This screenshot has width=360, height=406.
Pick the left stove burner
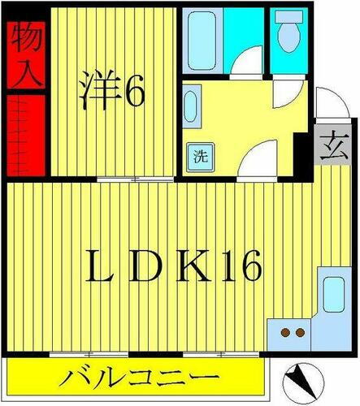[x=284, y=332]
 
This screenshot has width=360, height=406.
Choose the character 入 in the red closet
[x=23, y=74]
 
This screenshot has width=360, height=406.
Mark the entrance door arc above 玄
[x=326, y=105]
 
